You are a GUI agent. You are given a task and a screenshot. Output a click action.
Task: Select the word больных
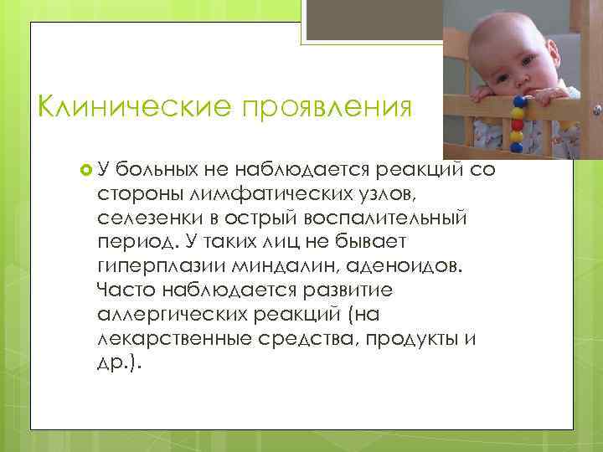[157, 172]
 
